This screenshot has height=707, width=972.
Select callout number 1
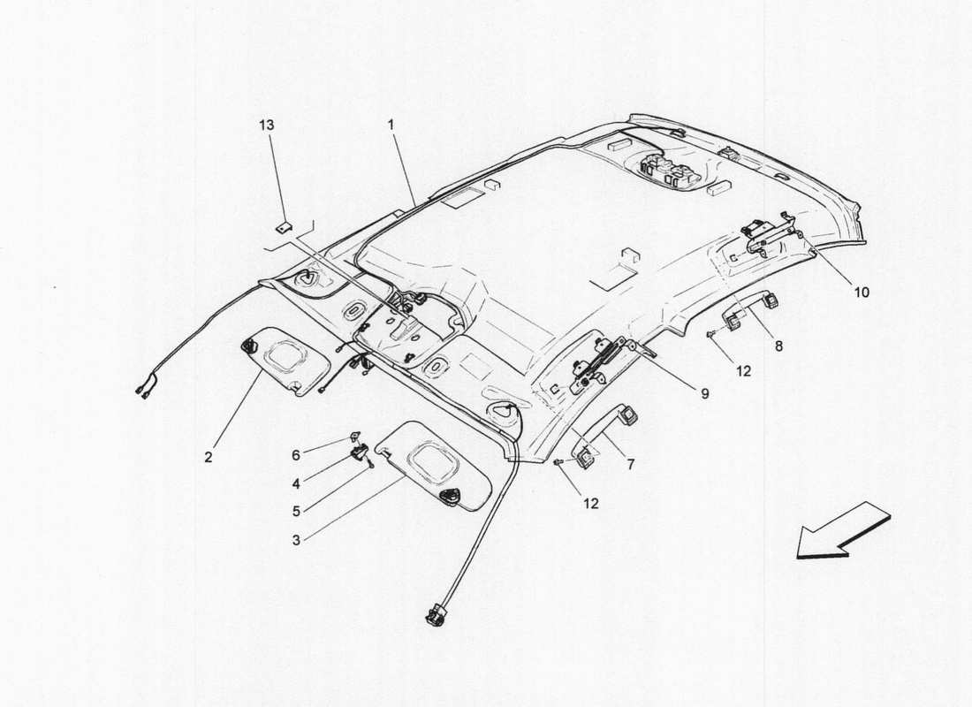click(390, 125)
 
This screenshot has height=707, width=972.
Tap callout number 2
click(209, 457)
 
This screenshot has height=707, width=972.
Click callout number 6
click(297, 454)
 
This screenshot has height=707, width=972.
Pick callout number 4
click(297, 483)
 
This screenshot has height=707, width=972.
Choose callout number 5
click(297, 510)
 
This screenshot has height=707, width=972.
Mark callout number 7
click(630, 463)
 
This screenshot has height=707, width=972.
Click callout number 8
click(778, 347)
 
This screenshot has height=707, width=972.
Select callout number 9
click(705, 393)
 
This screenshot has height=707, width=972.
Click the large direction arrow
click(841, 531)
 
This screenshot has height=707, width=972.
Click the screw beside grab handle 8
click(711, 333)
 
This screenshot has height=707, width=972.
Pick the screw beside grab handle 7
click(558, 461)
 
